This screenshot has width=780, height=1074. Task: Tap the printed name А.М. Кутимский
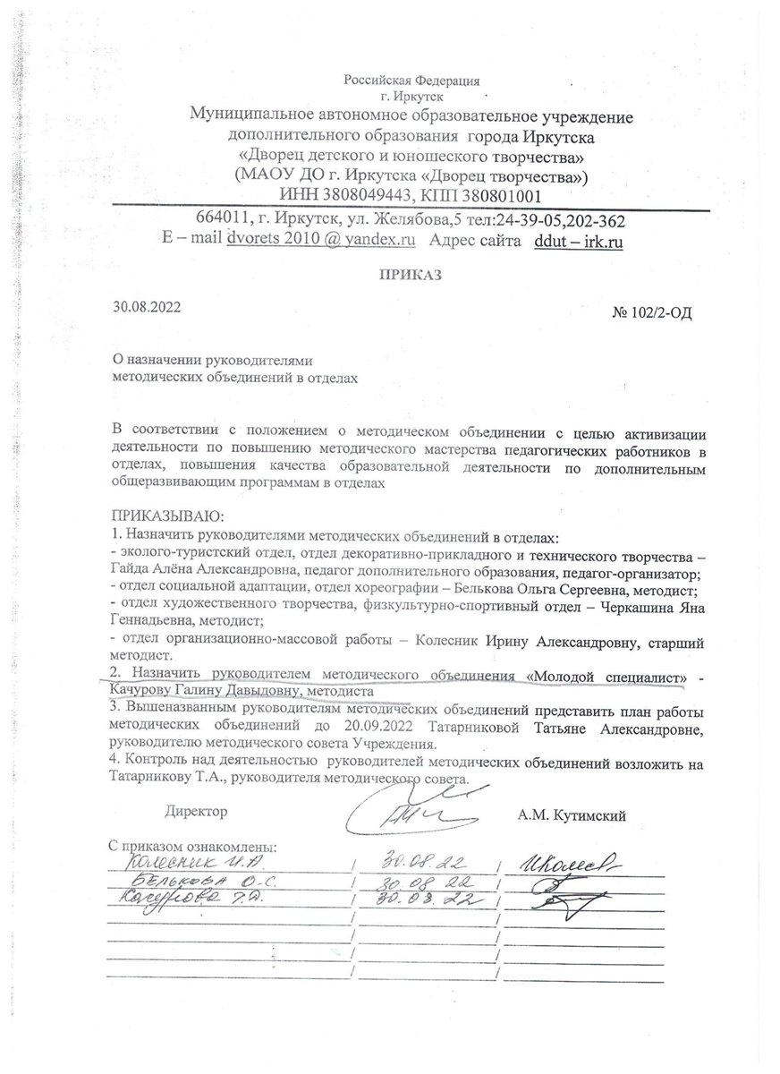(x=571, y=814)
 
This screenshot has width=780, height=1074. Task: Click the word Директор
(x=196, y=812)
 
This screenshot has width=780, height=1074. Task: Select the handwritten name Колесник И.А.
(x=183, y=864)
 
